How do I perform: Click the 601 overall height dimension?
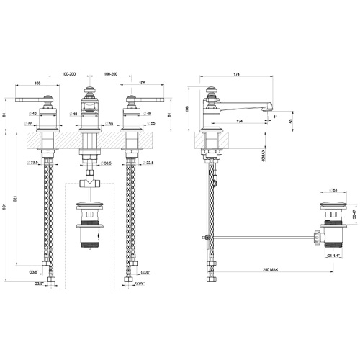(x=6, y=210)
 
